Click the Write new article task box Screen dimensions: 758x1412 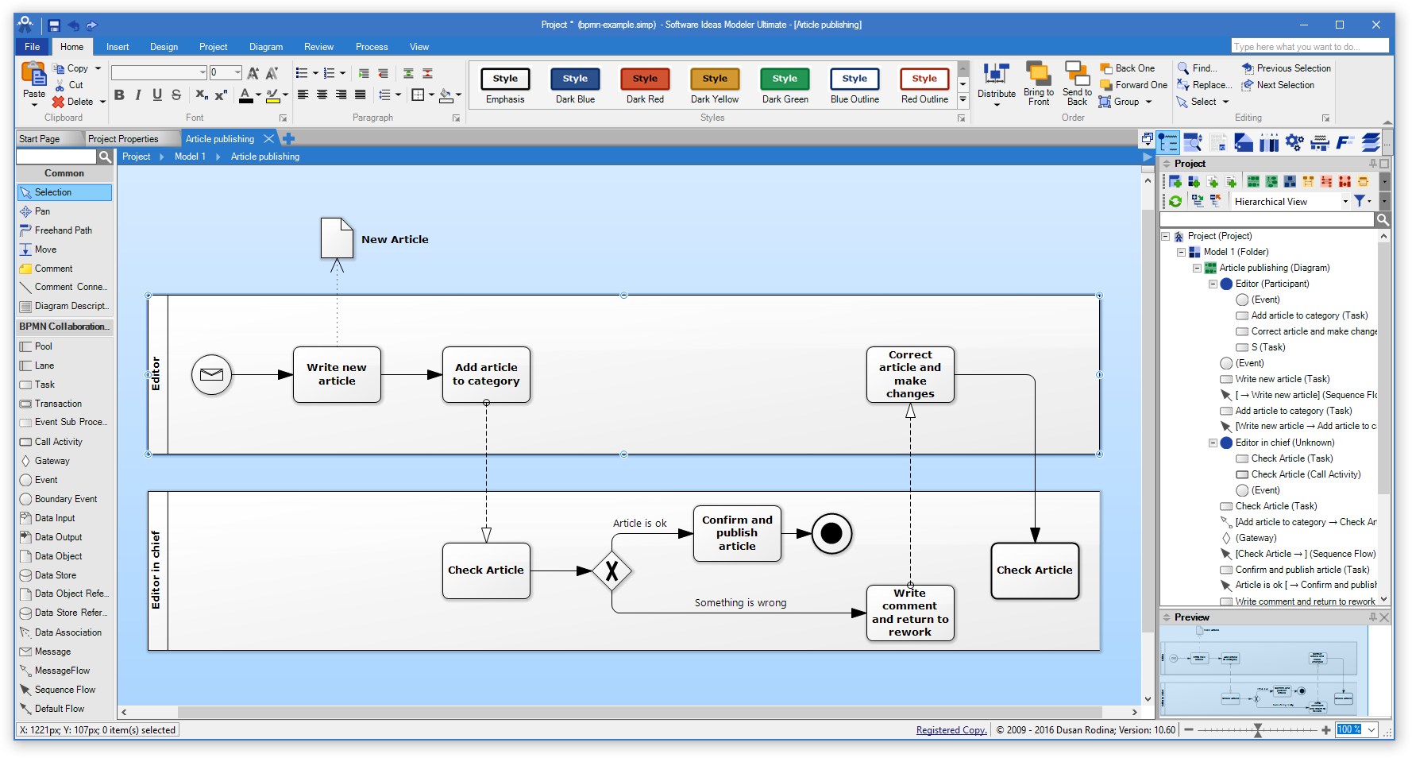coord(337,374)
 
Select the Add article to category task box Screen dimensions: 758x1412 coord(486,374)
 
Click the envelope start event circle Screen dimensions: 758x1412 coord(211,374)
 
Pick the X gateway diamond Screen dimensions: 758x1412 coord(611,570)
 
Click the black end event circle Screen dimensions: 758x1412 coord(831,533)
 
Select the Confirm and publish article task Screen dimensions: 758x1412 coord(737,533)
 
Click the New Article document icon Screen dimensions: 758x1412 coord(337,238)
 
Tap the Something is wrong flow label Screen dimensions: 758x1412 coord(740,603)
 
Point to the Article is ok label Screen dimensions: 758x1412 coord(639,524)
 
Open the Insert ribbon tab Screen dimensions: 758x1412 coord(118,47)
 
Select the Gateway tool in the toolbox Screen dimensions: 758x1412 coord(52,461)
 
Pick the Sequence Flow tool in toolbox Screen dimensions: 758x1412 coord(64,690)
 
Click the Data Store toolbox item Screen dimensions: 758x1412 coord(55,575)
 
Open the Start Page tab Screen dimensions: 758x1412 coord(40,139)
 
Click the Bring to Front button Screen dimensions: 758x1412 coord(1039,84)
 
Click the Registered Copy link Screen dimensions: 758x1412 coord(951,730)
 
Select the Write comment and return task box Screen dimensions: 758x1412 coord(910,613)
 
